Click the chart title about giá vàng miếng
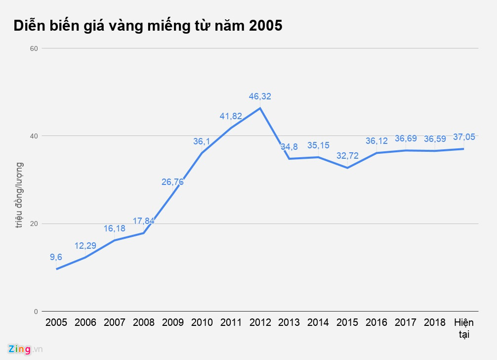click(148, 26)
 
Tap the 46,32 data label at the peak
click(259, 96)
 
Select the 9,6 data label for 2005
click(56, 257)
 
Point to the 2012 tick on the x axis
click(260, 322)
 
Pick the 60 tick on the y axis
click(34, 48)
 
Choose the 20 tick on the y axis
click(34, 224)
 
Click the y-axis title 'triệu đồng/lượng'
click(19, 195)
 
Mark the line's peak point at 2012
click(260, 108)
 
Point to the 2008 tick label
click(143, 322)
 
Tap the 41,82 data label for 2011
click(231, 116)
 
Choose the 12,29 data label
click(85, 246)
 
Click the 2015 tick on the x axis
click(347, 322)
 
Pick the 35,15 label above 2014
click(318, 146)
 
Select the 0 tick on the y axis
click(36, 312)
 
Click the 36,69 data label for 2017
click(406, 139)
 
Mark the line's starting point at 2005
click(56, 269)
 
